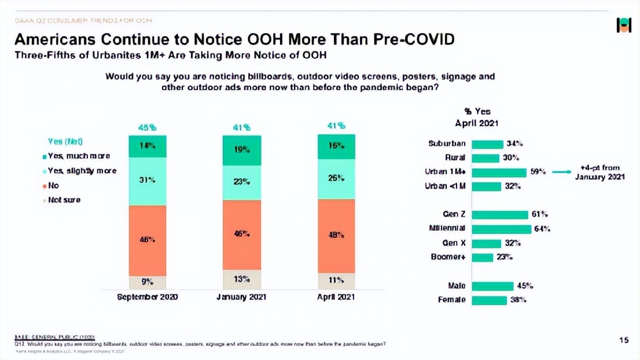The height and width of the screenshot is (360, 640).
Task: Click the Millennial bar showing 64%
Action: click(501, 229)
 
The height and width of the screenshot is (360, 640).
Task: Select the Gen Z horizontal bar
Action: click(500, 215)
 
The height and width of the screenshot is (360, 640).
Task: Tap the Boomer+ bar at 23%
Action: click(483, 257)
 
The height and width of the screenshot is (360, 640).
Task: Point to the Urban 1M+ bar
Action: click(499, 172)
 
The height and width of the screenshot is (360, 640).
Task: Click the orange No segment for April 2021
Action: click(336, 236)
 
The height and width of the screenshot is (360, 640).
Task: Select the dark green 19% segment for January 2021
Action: click(242, 150)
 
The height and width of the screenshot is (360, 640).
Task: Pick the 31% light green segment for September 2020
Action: click(148, 181)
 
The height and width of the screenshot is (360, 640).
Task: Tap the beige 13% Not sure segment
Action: click(242, 279)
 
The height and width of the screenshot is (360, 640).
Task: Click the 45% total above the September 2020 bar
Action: click(147, 127)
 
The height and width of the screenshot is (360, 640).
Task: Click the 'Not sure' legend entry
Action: click(64, 200)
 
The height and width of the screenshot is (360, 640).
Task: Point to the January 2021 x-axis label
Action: click(242, 297)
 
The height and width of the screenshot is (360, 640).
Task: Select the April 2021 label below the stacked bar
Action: click(336, 297)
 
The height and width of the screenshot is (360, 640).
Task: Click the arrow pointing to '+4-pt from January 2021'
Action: click(561, 172)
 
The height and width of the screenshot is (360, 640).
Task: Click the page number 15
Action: click(624, 340)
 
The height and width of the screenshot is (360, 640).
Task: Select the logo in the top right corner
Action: click(624, 25)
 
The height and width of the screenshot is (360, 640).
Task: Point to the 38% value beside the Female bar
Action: click(518, 300)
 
